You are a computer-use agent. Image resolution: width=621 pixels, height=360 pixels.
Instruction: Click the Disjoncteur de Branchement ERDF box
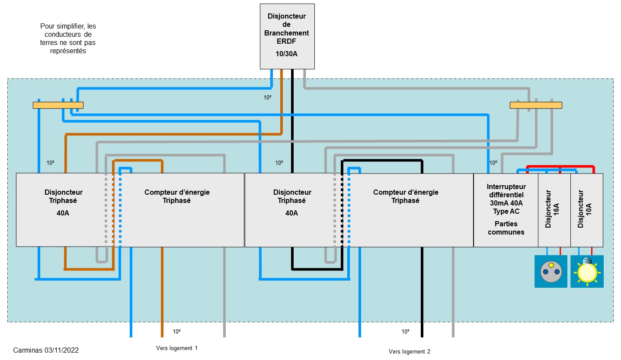pyautogui.click(x=287, y=36)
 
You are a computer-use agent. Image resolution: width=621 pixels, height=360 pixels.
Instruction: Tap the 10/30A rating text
pyautogui.click(x=287, y=54)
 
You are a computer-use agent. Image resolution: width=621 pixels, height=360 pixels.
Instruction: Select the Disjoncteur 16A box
pyautogui.click(x=554, y=210)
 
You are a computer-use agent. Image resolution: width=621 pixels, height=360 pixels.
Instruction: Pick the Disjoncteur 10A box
pyautogui.click(x=586, y=210)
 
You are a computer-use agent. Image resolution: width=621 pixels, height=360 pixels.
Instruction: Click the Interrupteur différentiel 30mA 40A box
pyautogui.click(x=506, y=210)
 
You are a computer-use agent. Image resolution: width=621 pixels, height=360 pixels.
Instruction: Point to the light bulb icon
pyautogui.click(x=587, y=271)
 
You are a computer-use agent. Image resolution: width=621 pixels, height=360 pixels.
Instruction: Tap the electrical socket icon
pyautogui.click(x=551, y=271)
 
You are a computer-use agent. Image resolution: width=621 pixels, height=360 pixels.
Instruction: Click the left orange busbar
pyautogui.click(x=58, y=105)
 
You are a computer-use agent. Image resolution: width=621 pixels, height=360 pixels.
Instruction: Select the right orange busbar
pyautogui.click(x=536, y=105)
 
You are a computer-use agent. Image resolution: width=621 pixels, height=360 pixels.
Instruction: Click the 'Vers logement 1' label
pyautogui.click(x=176, y=348)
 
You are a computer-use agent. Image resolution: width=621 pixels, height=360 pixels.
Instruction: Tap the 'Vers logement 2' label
pyautogui.click(x=410, y=351)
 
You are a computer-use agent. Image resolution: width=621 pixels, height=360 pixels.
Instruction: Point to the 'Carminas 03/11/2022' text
pyautogui.click(x=46, y=350)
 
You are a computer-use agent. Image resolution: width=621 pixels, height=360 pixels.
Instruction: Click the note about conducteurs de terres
pyautogui.click(x=68, y=39)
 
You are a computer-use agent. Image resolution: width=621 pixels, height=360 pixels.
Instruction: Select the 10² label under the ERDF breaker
pyautogui.click(x=268, y=98)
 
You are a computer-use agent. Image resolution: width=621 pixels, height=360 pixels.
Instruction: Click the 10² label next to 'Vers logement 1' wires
pyautogui.click(x=176, y=332)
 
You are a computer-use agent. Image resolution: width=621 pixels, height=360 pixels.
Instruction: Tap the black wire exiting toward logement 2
pyautogui.click(x=422, y=303)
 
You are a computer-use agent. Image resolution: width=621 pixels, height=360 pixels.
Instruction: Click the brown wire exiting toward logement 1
pyautogui.click(x=162, y=303)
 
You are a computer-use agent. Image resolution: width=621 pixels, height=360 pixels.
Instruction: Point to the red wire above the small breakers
pyautogui.click(x=560, y=166)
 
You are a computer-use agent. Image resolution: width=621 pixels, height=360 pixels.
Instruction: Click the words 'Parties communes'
pyautogui.click(x=506, y=228)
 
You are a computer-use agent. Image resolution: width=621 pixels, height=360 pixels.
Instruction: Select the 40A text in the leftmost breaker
pyautogui.click(x=63, y=213)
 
